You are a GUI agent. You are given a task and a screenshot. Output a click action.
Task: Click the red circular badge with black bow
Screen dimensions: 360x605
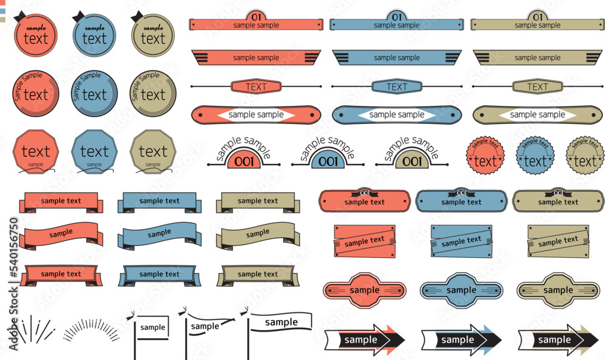point(35,36)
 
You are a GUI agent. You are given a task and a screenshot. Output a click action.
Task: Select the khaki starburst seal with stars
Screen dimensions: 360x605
point(584,155)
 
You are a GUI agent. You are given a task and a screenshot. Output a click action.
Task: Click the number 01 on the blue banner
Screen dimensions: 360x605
point(397,16)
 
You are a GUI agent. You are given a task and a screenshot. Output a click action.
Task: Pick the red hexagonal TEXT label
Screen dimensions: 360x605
point(256,87)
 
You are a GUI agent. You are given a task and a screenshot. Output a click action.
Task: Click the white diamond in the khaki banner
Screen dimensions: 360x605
point(537,115)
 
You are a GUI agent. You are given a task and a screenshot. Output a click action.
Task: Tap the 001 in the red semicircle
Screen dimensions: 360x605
point(244,162)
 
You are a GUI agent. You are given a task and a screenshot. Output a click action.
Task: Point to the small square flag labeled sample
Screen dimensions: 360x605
point(152,327)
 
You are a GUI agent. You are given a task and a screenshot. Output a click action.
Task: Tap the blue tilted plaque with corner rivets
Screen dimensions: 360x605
point(461,241)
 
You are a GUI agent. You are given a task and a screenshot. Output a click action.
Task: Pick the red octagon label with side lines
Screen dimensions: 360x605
point(364,290)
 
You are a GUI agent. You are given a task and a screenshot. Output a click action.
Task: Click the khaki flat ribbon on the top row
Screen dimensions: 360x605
point(257,201)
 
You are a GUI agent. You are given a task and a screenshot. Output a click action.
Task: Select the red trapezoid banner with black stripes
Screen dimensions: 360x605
point(256,58)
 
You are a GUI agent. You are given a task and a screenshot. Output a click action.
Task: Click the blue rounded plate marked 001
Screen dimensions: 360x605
point(461,201)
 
